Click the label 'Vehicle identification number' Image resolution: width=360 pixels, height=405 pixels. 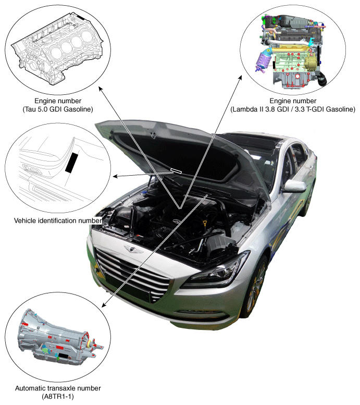coord(58,220)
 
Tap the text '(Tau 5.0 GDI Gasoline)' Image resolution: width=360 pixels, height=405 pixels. coord(58,109)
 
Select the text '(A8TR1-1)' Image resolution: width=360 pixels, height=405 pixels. coord(58,396)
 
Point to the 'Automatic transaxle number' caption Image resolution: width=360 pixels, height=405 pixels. coord(58,388)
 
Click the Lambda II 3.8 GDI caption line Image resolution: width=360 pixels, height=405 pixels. coord(293,109)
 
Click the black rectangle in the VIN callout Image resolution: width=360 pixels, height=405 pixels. coord(71,163)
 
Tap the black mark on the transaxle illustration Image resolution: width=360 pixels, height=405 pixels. coord(64,355)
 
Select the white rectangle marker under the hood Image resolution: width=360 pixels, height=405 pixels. coord(176,170)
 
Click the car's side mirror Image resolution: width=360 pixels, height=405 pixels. coord(294,186)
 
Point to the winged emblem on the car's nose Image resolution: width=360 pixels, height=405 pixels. coord(133,249)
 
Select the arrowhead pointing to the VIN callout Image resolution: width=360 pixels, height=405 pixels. coord(115,176)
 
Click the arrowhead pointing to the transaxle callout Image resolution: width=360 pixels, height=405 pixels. coord(104,305)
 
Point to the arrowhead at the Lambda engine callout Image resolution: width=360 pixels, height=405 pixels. coord(240,78)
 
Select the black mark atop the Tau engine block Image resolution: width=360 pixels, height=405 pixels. coord(81,18)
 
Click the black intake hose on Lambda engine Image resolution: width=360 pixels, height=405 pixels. coord(321,79)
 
